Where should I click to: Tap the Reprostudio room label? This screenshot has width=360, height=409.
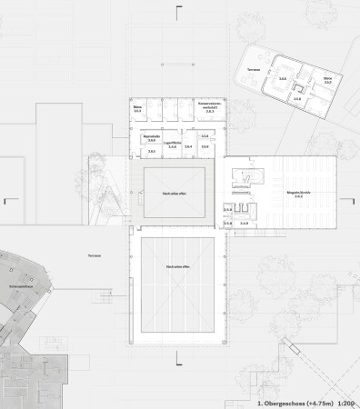pyautogui.click(x=150, y=135)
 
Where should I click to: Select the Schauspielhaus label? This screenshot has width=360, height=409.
pyautogui.click(x=23, y=284)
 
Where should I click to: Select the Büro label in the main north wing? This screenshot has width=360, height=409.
pyautogui.click(x=139, y=109)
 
